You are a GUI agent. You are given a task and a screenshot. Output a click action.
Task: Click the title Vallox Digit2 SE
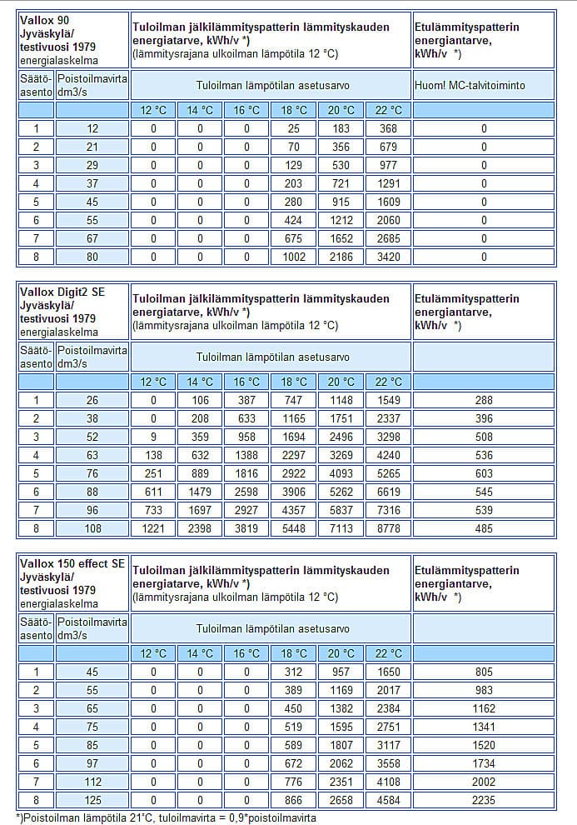coord(64,291)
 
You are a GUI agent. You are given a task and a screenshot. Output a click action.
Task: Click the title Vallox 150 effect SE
coord(72,563)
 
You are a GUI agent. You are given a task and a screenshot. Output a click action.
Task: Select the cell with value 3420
coord(389,257)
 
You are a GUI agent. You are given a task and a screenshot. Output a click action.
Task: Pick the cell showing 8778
coord(389,528)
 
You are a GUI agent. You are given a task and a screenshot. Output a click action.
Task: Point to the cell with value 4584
coord(389,800)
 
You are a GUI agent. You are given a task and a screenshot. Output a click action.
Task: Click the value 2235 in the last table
coord(483,800)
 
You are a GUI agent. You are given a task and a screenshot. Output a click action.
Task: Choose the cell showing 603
coord(483,473)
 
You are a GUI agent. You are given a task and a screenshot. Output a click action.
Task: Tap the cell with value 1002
coord(294,257)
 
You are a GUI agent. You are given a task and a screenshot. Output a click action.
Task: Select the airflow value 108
coord(92,528)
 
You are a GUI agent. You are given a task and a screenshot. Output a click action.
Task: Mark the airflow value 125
coord(92,800)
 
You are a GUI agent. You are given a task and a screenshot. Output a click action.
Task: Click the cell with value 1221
coord(153,528)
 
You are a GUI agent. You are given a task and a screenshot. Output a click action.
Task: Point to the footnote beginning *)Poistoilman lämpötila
coord(166,817)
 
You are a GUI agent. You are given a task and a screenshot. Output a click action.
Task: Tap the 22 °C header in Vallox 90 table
coord(389,110)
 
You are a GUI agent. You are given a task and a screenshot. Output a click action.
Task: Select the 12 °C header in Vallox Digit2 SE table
coord(153,382)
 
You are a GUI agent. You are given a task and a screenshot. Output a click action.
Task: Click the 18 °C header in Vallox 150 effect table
coord(294,653)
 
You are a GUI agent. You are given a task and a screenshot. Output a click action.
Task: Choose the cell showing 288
coord(483,400)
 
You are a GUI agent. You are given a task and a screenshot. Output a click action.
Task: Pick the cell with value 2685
coord(389,238)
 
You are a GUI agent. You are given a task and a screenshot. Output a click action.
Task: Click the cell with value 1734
coord(483,763)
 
